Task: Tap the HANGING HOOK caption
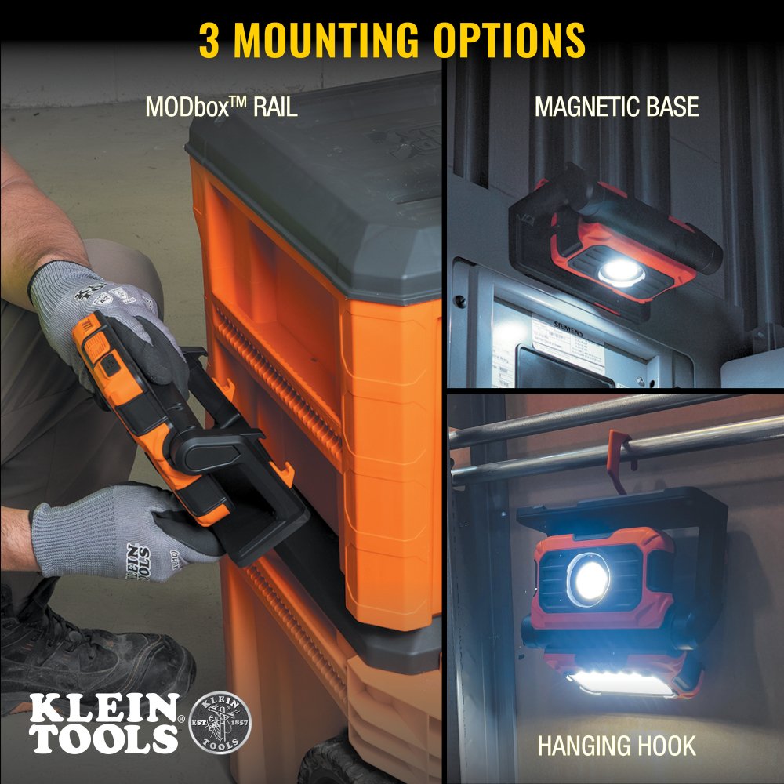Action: tap(616, 745)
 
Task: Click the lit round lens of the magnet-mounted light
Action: tap(622, 272)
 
